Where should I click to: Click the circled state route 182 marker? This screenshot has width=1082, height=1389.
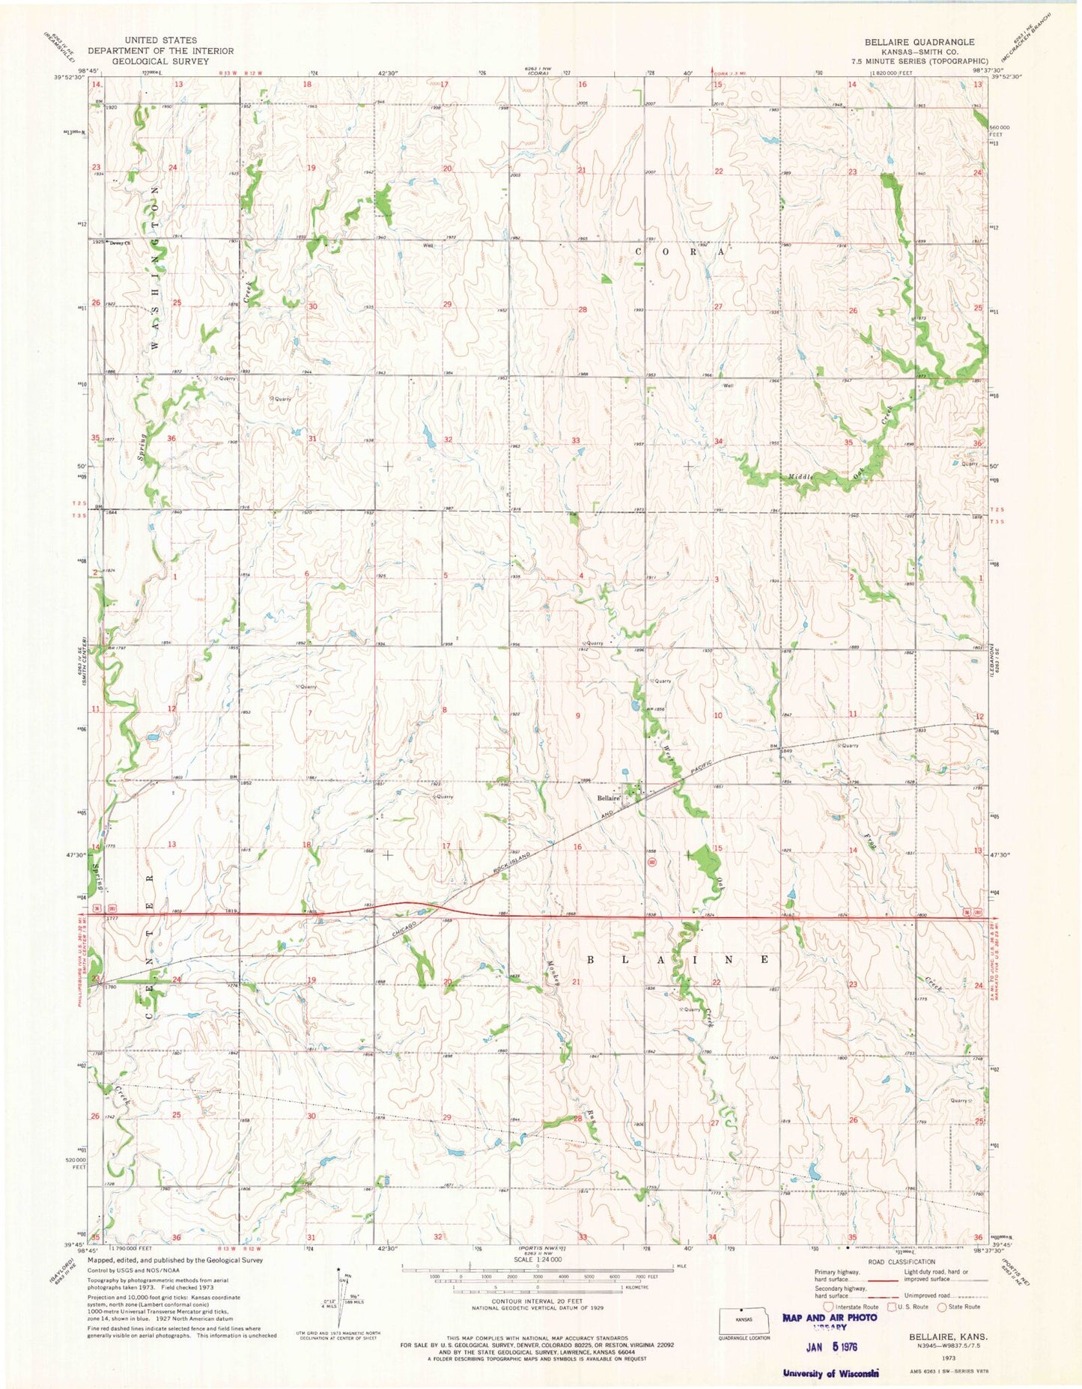click(652, 862)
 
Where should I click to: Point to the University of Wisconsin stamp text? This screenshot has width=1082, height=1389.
click(830, 1373)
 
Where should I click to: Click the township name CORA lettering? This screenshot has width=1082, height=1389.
click(681, 252)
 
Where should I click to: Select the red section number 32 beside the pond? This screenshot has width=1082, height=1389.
click(448, 440)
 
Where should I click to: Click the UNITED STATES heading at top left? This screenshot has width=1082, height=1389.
click(161, 40)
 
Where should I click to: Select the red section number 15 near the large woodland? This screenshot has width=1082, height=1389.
click(717, 848)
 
